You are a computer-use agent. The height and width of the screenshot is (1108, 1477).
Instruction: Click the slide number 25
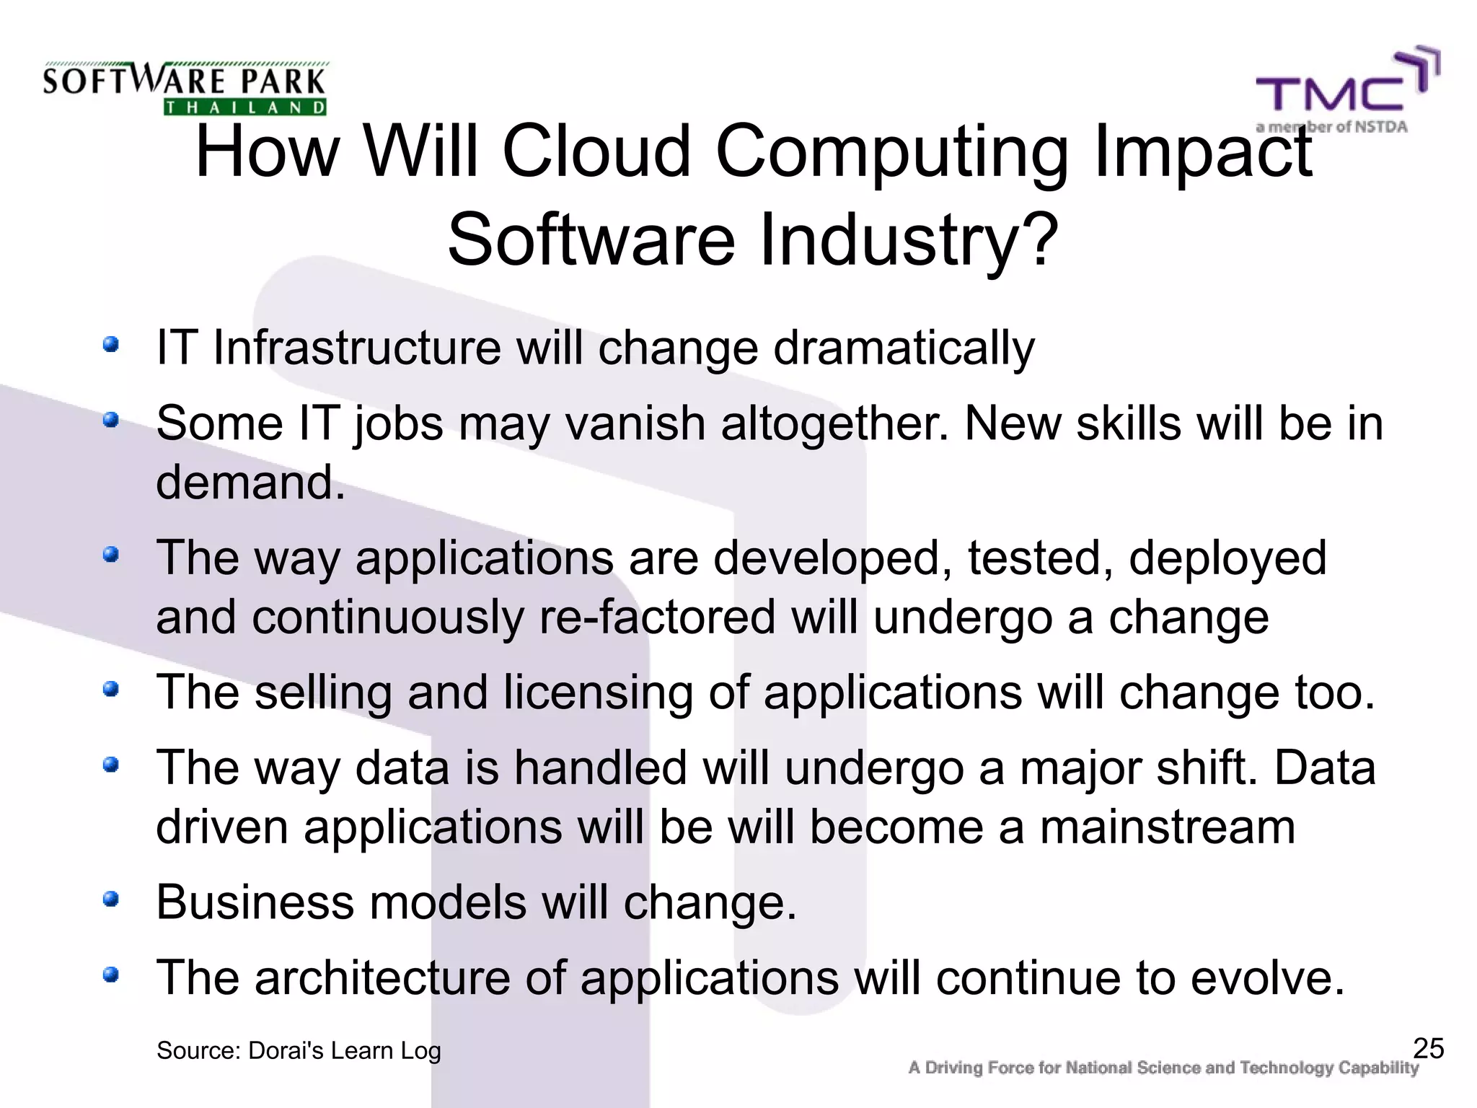[1428, 1048]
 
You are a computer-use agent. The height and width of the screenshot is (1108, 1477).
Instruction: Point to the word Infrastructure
[357, 348]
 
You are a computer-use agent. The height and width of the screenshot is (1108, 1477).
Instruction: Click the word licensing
[598, 692]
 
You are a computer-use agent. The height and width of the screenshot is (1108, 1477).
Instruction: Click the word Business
[255, 902]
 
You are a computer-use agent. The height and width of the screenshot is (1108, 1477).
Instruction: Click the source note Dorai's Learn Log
[299, 1051]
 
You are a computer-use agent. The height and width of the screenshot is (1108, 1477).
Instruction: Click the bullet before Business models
[110, 899]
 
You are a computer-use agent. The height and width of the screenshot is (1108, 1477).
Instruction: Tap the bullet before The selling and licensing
[110, 689]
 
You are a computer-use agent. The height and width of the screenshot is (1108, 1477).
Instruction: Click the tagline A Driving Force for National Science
[1163, 1068]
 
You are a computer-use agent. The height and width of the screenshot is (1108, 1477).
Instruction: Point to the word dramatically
[904, 348]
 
